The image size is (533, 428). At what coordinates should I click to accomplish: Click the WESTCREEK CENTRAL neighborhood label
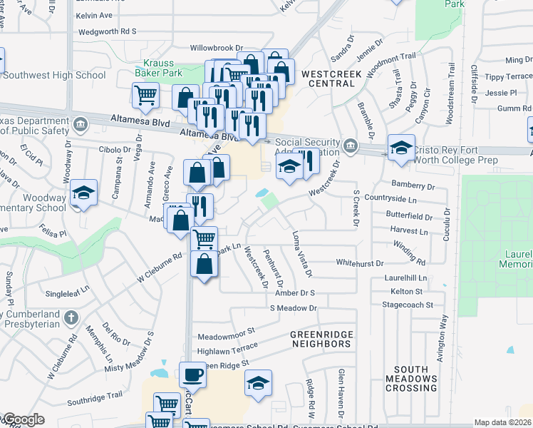coord(328,78)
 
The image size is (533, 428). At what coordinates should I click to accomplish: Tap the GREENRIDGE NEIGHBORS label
coord(321,339)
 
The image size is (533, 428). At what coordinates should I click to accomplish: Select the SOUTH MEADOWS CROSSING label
coord(411,378)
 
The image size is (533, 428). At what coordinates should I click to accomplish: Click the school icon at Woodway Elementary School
coord(84,193)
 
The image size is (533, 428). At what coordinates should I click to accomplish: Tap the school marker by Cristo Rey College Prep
coord(401,148)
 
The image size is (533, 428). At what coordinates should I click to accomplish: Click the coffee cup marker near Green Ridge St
coord(192,374)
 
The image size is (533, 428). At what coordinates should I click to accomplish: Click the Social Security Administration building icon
coord(350,146)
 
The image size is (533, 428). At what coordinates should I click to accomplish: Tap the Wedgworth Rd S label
coord(107,32)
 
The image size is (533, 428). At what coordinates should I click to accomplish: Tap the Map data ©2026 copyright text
coord(502,422)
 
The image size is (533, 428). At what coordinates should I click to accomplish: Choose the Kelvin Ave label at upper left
coord(95,15)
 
